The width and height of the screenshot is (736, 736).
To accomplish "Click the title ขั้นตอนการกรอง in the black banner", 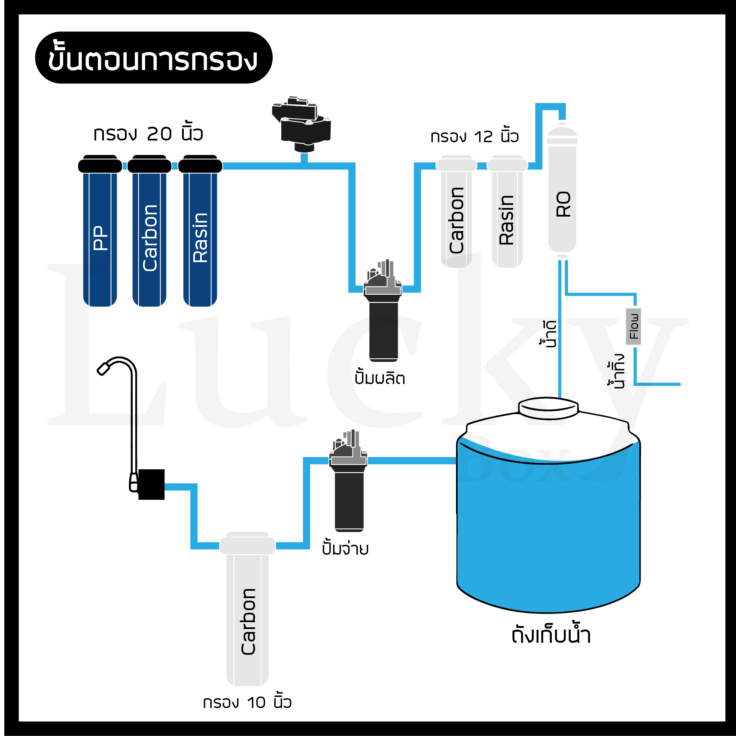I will [153, 58].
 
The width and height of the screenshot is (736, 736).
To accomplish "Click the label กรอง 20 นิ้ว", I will [148, 134].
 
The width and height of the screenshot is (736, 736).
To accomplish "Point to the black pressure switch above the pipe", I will [302, 125].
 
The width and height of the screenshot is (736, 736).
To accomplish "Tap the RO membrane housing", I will [562, 193].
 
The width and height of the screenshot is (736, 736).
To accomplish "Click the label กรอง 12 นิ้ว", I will [474, 137].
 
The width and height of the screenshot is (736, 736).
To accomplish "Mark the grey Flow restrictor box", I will [633, 327].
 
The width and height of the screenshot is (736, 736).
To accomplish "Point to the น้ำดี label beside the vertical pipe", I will [549, 333].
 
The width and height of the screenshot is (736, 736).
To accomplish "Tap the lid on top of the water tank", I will [548, 407].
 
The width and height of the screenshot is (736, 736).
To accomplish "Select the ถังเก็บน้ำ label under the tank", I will [551, 635].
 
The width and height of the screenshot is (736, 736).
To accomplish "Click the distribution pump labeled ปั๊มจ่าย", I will [349, 486].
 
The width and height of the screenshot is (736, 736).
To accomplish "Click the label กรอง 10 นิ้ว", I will [247, 702].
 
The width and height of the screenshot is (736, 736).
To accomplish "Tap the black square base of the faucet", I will [152, 484].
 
